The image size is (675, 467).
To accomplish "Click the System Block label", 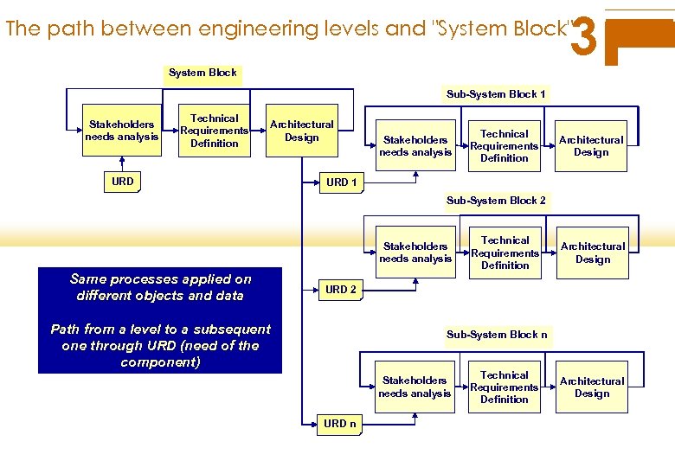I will pyautogui.click(x=202, y=73).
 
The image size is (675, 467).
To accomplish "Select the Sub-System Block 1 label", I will pyautogui.click(x=496, y=93).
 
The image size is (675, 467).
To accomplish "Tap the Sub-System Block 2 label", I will pyautogui.click(x=496, y=201).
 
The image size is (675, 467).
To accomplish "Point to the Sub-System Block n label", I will pyautogui.click(x=496, y=335).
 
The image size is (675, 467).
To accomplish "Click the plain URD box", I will pyautogui.click(x=123, y=182).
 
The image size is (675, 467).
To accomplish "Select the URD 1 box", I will pyautogui.click(x=341, y=182).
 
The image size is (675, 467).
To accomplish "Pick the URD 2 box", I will pyautogui.click(x=341, y=290).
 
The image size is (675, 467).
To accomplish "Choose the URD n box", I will pyautogui.click(x=340, y=424).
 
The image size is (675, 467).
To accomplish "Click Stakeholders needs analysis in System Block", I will pyautogui.click(x=122, y=131).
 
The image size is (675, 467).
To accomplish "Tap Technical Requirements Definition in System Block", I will pyautogui.click(x=214, y=131).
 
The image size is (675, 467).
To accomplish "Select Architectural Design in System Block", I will pyautogui.click(x=301, y=131).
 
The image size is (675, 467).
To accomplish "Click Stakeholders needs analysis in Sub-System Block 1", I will pyautogui.click(x=415, y=145).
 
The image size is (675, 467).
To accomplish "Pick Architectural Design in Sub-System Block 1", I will pyautogui.click(x=591, y=145).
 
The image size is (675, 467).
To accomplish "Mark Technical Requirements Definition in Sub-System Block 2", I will pyautogui.click(x=505, y=253).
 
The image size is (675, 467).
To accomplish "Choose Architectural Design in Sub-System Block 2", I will pyautogui.click(x=593, y=253).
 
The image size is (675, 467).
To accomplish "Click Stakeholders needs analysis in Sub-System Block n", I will pyautogui.click(x=415, y=387).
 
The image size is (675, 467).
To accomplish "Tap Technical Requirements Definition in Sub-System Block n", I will pyautogui.click(x=505, y=387).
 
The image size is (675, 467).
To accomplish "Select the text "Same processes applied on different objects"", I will pyautogui.click(x=160, y=287).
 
